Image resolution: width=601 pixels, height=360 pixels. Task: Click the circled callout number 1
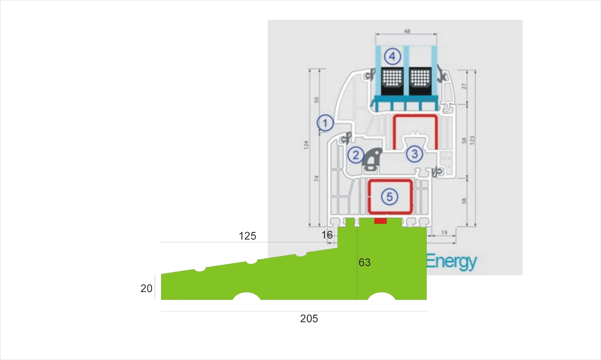tap(325, 123)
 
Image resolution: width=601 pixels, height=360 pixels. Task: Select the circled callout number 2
tap(355, 155)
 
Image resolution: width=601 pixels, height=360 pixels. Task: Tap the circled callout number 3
tap(414, 154)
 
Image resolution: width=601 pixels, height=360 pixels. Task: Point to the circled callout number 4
tap(392, 56)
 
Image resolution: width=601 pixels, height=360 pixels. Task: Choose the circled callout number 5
tap(389, 196)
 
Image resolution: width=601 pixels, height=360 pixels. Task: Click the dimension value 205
tap(309, 319)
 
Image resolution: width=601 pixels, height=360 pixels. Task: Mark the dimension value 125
tap(247, 236)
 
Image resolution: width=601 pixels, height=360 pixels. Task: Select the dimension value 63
tap(365, 263)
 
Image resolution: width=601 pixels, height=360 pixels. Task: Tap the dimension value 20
tap(146, 288)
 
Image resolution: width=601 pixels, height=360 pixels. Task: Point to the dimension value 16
tap(327, 235)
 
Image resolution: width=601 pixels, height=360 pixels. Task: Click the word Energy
tap(451, 262)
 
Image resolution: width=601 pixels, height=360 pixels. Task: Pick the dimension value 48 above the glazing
tap(407, 31)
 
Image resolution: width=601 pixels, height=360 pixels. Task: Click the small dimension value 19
tap(444, 233)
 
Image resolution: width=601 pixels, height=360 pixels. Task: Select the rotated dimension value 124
tap(307, 145)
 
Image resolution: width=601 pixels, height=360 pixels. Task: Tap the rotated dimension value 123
tap(472, 140)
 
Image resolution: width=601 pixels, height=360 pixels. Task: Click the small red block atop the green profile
tap(380, 221)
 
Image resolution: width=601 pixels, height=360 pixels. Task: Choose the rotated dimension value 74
tap(316, 178)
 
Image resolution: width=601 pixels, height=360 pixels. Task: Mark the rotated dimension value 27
tap(464, 86)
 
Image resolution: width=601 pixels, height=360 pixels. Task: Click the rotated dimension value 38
tap(464, 201)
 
